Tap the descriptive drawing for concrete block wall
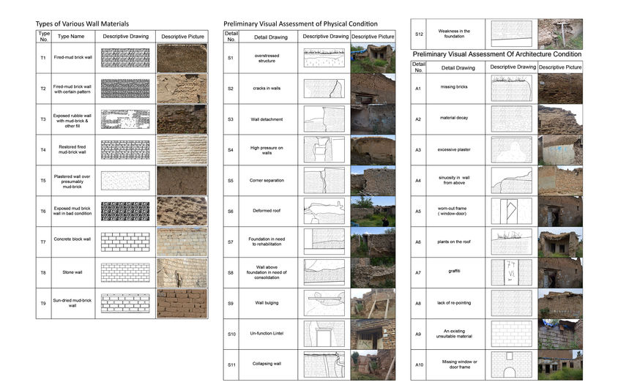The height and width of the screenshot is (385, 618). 125,241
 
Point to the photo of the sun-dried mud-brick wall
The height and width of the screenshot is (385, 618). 182,303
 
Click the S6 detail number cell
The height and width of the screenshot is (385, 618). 231,211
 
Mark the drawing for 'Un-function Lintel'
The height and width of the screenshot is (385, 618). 325,334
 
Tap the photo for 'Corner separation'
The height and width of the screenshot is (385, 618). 372,180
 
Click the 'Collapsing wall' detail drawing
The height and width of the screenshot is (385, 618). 325,365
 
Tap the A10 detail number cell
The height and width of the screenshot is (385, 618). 419,365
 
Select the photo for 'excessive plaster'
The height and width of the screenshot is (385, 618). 560,149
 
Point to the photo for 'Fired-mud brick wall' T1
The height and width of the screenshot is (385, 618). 182,58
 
